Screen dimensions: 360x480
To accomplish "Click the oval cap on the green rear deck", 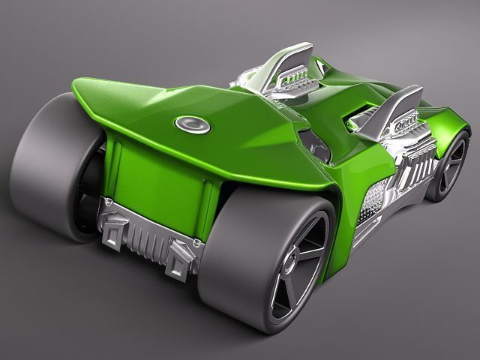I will [193, 124].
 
